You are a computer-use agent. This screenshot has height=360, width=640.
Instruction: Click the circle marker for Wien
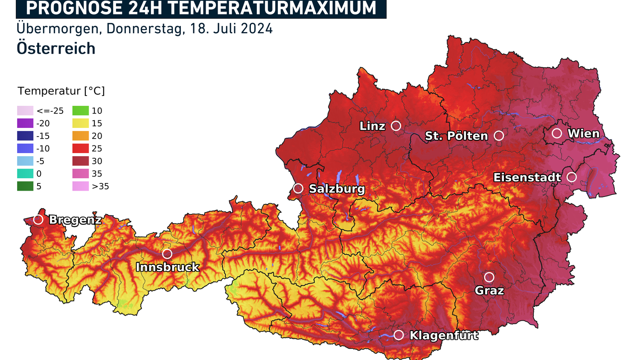[x=557, y=134]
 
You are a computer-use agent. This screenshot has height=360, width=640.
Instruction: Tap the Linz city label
[x=372, y=126]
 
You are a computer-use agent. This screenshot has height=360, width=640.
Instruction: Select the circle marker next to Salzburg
[x=298, y=188]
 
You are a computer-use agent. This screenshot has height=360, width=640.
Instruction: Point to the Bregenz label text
[x=76, y=220]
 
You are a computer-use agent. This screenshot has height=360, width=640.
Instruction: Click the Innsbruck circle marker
[x=167, y=254]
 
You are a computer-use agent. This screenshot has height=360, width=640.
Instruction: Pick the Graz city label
[x=489, y=291]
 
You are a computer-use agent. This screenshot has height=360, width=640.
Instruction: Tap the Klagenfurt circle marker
[x=399, y=335]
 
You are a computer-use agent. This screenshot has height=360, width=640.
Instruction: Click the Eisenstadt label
[x=527, y=177]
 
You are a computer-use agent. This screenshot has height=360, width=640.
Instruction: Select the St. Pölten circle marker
[x=499, y=136]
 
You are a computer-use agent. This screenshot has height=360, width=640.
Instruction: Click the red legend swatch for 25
[x=81, y=148]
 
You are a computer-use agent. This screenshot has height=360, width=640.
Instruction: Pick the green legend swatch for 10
[x=81, y=111]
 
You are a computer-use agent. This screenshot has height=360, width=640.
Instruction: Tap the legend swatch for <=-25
[x=25, y=111]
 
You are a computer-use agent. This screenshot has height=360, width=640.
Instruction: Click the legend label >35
[x=101, y=186]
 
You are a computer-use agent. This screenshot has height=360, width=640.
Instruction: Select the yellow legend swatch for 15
[x=81, y=123]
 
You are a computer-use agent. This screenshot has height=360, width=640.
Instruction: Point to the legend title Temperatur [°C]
[x=61, y=91]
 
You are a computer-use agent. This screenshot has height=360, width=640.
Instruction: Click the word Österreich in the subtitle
[x=56, y=49]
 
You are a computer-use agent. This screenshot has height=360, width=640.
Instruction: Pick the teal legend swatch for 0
[x=25, y=174]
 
